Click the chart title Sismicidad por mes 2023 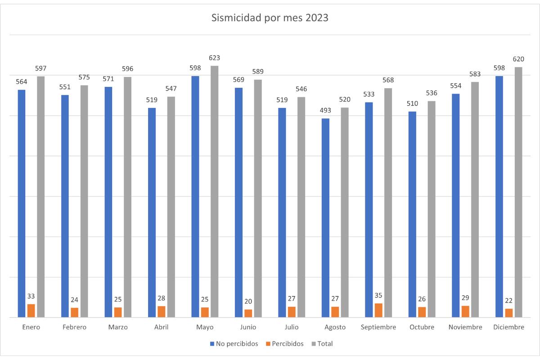(x=270, y=18)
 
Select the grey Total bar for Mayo (x=214, y=191)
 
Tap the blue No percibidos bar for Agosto (x=325, y=218)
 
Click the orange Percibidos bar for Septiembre (x=378, y=310)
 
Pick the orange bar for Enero (x=31, y=310)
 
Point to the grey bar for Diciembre (x=518, y=192)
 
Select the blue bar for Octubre (x=412, y=214)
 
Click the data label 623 (x=214, y=58)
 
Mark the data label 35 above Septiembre (x=378, y=296)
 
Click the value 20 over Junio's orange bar (x=248, y=301)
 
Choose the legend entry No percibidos (x=234, y=344)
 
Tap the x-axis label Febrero (x=74, y=327)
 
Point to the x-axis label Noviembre (x=465, y=327)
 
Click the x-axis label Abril (x=161, y=327)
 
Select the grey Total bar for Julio (x=301, y=207)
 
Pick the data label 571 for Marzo (x=108, y=79)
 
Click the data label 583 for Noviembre (x=475, y=74)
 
